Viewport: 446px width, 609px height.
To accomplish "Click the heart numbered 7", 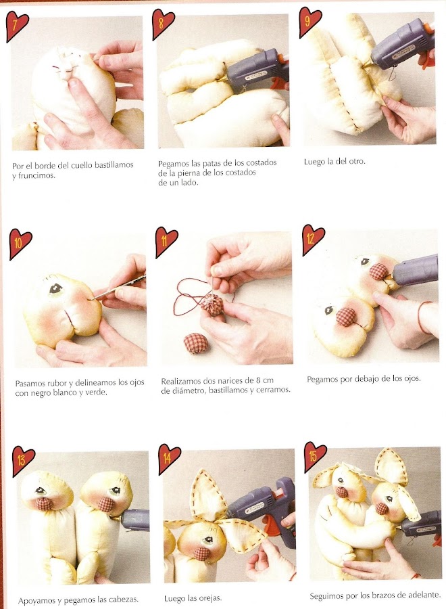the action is [x=17, y=26].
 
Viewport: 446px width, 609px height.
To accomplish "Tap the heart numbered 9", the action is [x=310, y=22].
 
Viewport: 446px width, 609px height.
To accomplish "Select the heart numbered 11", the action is [x=166, y=242].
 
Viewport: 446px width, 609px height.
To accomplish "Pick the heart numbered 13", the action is [x=23, y=461].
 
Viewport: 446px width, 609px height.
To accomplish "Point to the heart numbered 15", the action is [x=316, y=456].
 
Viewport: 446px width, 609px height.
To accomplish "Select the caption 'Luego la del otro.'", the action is [x=334, y=161].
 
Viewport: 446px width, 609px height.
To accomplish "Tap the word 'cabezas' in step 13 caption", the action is [x=124, y=600].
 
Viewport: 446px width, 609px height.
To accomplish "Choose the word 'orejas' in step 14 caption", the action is [x=209, y=598].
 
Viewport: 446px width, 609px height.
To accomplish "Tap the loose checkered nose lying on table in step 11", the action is [x=196, y=343].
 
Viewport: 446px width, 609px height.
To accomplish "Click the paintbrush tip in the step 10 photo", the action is [x=93, y=300].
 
